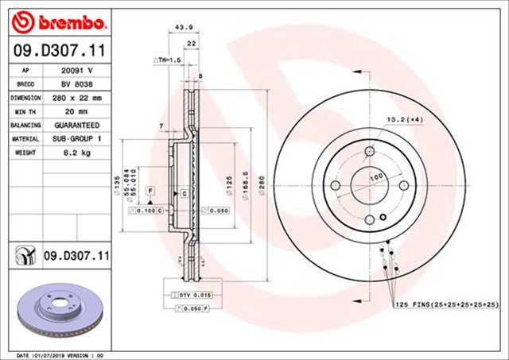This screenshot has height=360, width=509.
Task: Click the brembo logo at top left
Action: click(52, 18)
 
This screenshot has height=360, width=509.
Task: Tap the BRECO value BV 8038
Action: click(77, 83)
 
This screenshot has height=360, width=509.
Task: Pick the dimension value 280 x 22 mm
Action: click(77, 98)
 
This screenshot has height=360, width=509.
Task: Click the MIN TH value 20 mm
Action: click(77, 111)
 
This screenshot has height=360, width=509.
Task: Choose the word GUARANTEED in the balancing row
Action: click(77, 126)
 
